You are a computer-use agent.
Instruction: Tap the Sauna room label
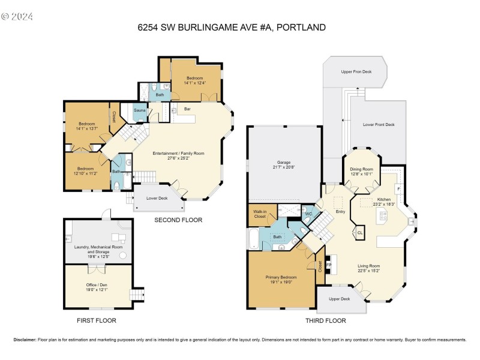(x=139, y=111)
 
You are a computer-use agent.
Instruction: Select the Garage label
(x=284, y=163)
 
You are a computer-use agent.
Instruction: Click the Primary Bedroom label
(x=281, y=277)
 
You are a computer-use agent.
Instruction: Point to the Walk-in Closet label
(x=260, y=214)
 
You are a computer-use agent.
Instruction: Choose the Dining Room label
(x=362, y=169)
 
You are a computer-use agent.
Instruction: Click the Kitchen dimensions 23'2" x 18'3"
(x=384, y=205)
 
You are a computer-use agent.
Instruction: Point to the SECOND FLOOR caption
(x=178, y=220)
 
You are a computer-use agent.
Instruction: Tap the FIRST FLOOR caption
(x=96, y=320)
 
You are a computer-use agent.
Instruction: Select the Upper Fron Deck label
(x=356, y=72)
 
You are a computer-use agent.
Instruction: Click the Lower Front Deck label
(x=379, y=125)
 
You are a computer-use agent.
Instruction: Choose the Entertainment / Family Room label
(x=178, y=154)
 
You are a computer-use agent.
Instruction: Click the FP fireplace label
(x=328, y=264)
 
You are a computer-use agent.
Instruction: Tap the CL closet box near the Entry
(x=360, y=233)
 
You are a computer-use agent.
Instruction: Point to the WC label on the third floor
(x=308, y=213)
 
